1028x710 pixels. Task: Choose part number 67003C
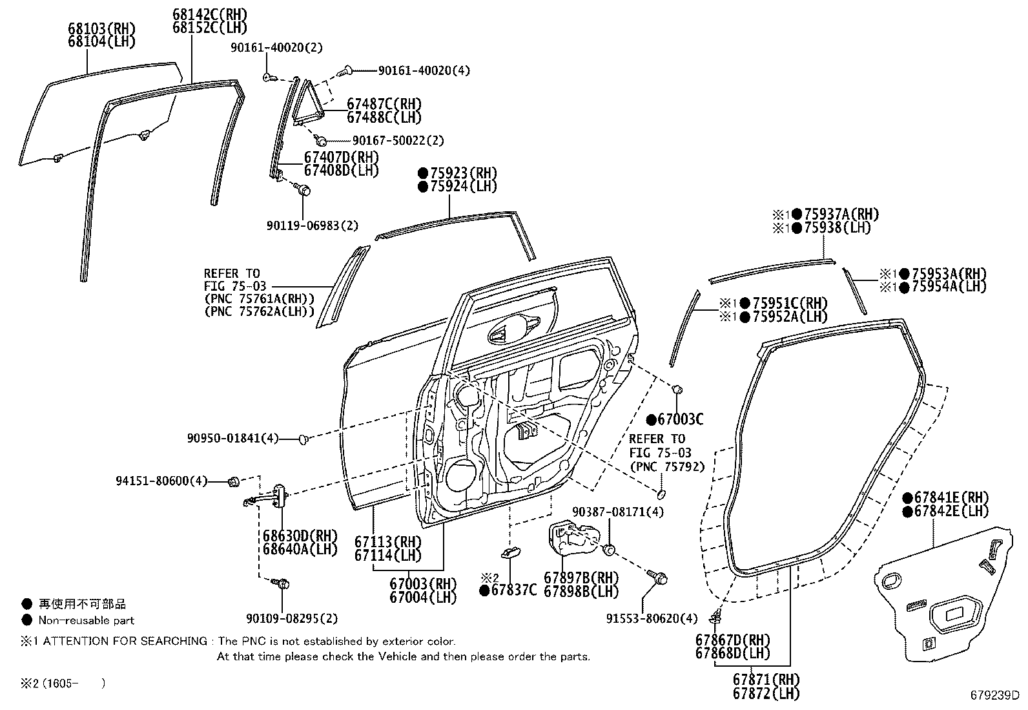[x=680, y=420]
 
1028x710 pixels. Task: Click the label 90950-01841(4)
[x=232, y=439]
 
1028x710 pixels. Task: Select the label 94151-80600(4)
[x=161, y=481]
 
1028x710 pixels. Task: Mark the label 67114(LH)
[x=387, y=555]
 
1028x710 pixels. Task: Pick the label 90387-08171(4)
[x=618, y=512]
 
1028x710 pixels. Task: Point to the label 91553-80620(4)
[x=652, y=619]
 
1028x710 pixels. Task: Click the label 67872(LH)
[x=766, y=694]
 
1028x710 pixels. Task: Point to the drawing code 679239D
[x=994, y=696]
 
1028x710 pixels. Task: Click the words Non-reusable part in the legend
[x=86, y=620]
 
